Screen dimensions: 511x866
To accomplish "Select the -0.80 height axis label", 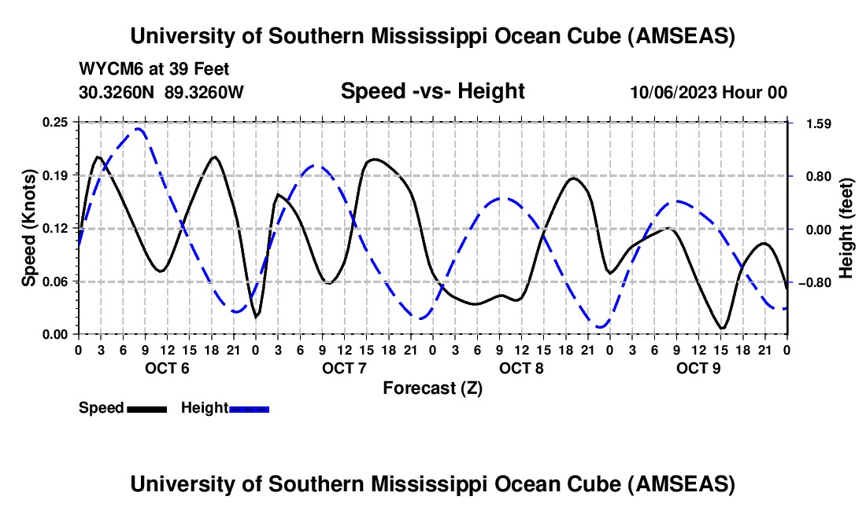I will click(x=812, y=282).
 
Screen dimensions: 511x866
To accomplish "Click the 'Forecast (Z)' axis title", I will click(x=432, y=388).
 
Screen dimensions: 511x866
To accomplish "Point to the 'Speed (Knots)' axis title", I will click(x=28, y=228).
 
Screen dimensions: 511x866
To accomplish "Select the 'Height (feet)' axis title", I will click(x=846, y=228).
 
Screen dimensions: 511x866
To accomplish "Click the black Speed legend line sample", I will click(x=146, y=409).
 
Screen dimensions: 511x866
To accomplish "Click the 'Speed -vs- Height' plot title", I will click(x=432, y=91).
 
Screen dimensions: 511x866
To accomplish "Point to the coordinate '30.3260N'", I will click(x=118, y=92).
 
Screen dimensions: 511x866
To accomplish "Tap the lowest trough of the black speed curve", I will click(x=722, y=329).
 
